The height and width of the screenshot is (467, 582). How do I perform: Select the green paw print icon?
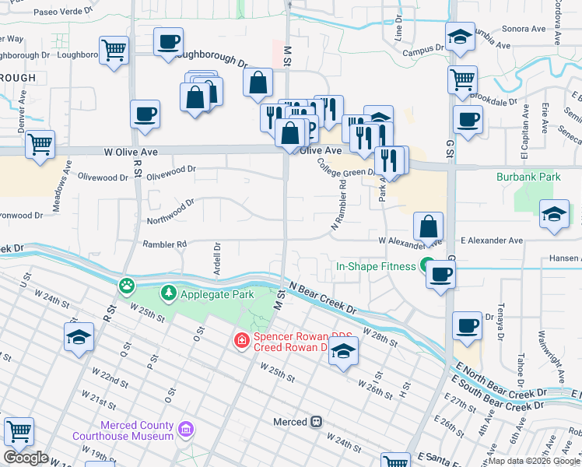pos(126,286)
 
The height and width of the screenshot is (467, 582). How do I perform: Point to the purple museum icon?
pos(185,429)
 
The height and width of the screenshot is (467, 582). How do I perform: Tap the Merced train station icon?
pos(317,422)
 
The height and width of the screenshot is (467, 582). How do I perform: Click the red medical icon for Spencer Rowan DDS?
pos(241,341)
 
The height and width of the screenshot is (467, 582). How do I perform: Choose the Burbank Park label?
pos(528,177)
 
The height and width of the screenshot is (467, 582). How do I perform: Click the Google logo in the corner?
pos(26,458)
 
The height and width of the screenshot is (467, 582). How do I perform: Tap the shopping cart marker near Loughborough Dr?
pos(114,51)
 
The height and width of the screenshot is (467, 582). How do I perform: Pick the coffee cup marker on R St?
pos(145,114)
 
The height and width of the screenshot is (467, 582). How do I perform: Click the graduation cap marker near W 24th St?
pos(79,337)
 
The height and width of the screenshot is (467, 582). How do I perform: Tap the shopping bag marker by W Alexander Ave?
pos(428,226)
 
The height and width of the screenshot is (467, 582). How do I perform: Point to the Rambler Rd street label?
pos(164,244)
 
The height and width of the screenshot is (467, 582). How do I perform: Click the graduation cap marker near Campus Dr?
pos(460,36)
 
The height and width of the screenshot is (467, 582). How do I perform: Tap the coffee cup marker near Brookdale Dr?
pos(468,120)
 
